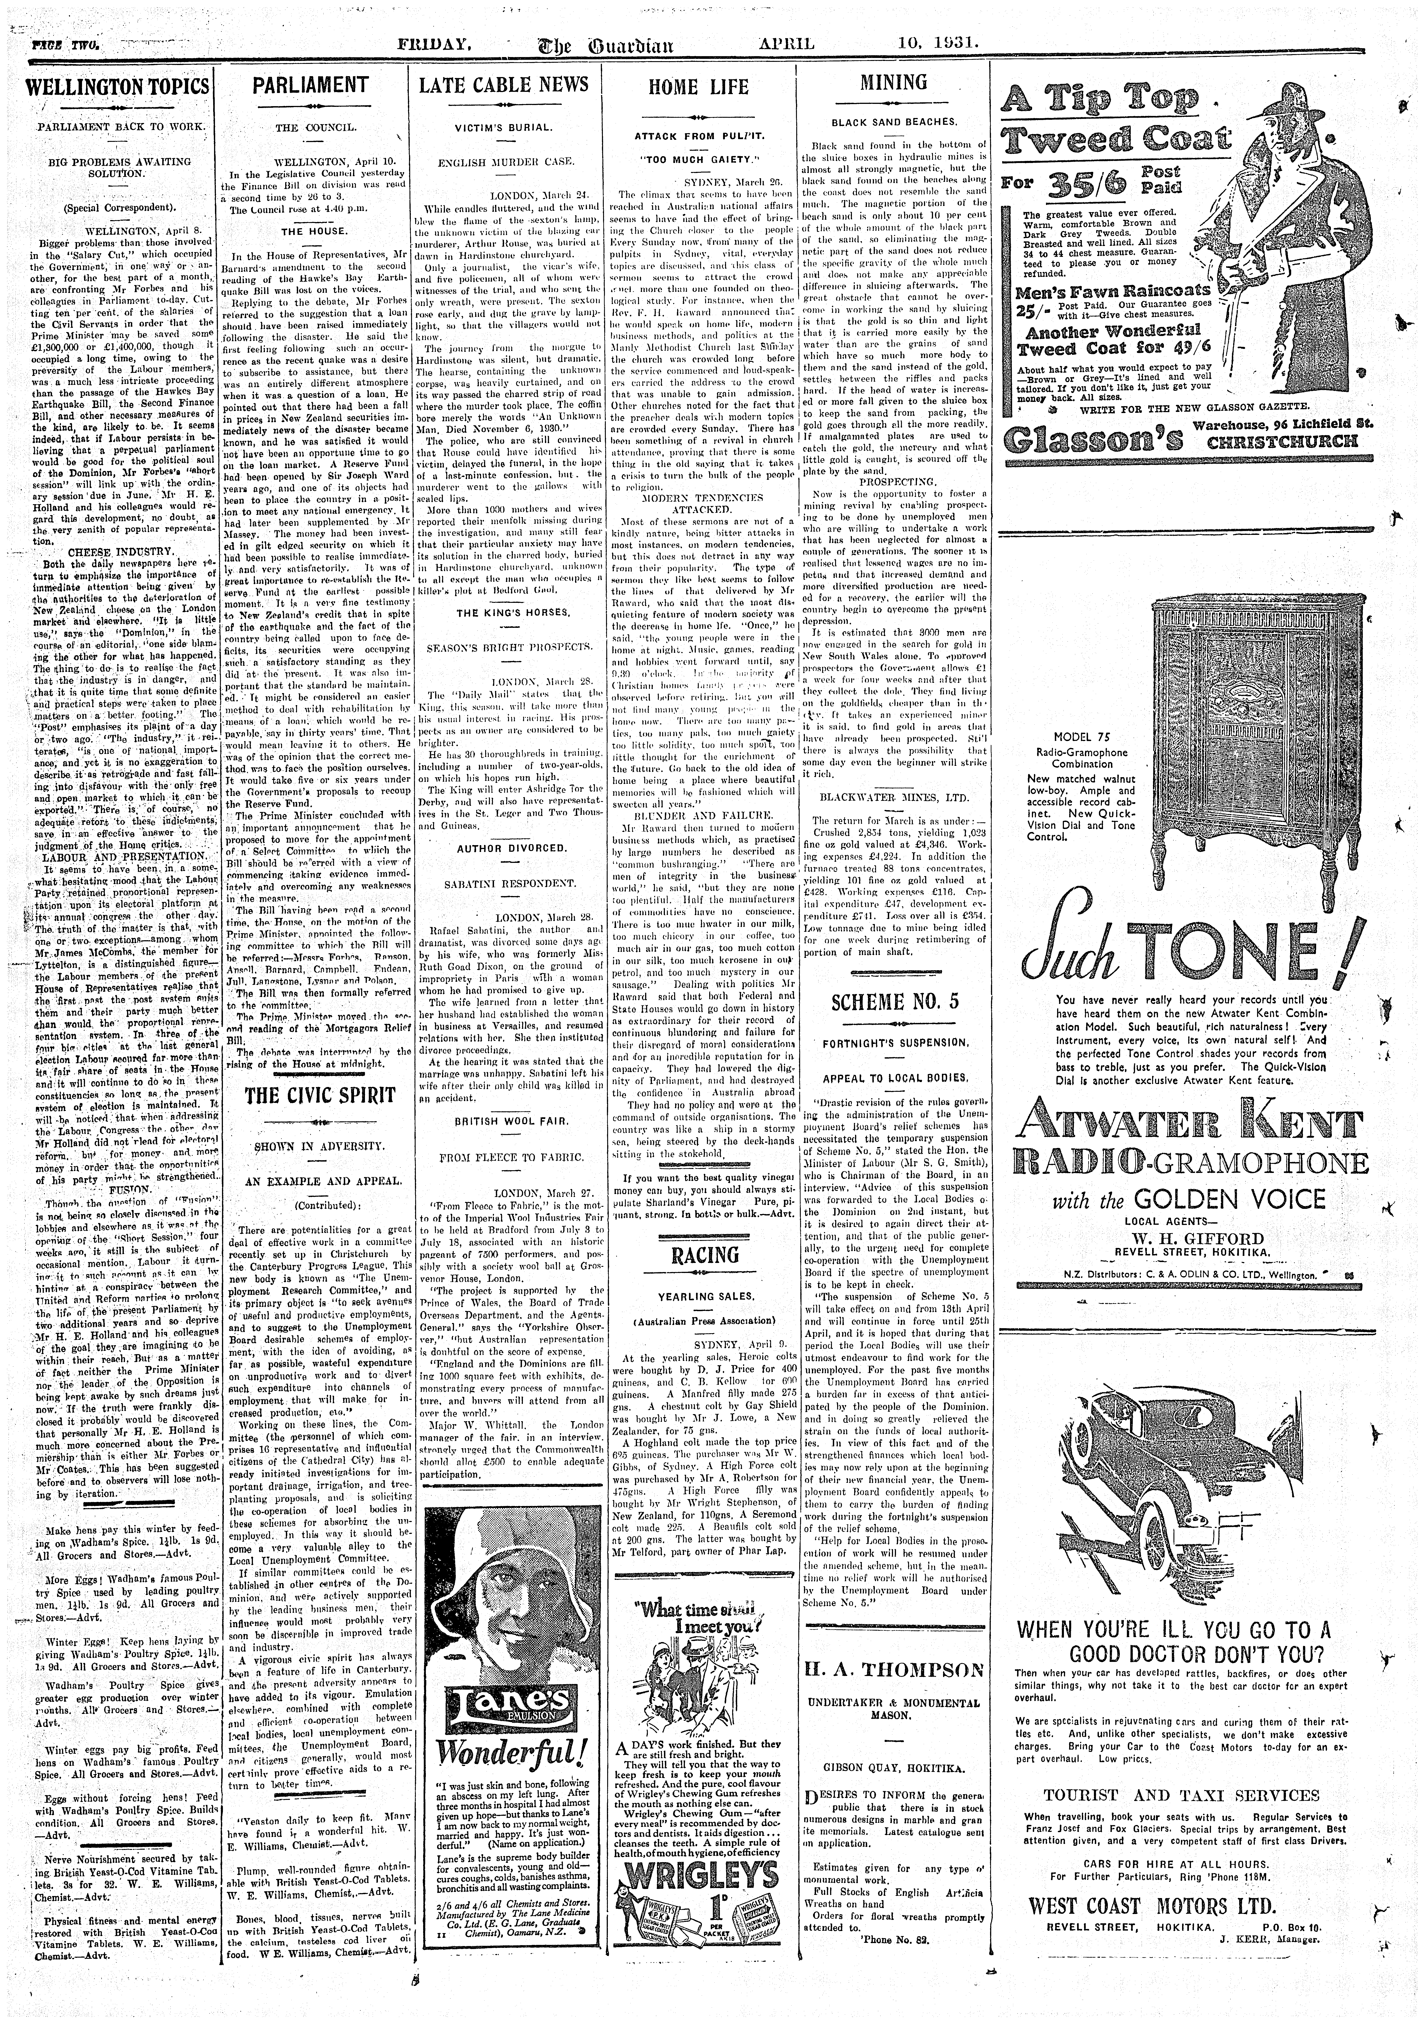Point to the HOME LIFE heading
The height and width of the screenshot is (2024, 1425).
click(x=698, y=87)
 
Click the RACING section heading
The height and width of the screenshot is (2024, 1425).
click(x=698, y=1255)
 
